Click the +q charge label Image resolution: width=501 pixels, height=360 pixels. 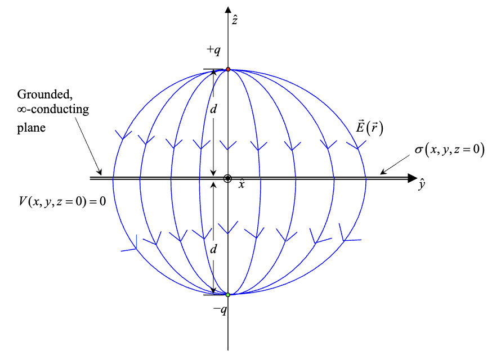pos(213,50)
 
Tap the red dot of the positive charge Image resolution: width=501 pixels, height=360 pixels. pos(228,69)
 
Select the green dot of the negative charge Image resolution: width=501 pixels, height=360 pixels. pos(228,295)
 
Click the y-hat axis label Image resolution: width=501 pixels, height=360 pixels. pos(422,184)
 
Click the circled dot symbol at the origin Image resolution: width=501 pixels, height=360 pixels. pos(228,179)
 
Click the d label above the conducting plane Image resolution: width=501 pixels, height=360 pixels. pos(213,109)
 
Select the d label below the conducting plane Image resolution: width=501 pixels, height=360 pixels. pos(213,250)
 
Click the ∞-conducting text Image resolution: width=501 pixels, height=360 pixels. pos(52,110)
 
